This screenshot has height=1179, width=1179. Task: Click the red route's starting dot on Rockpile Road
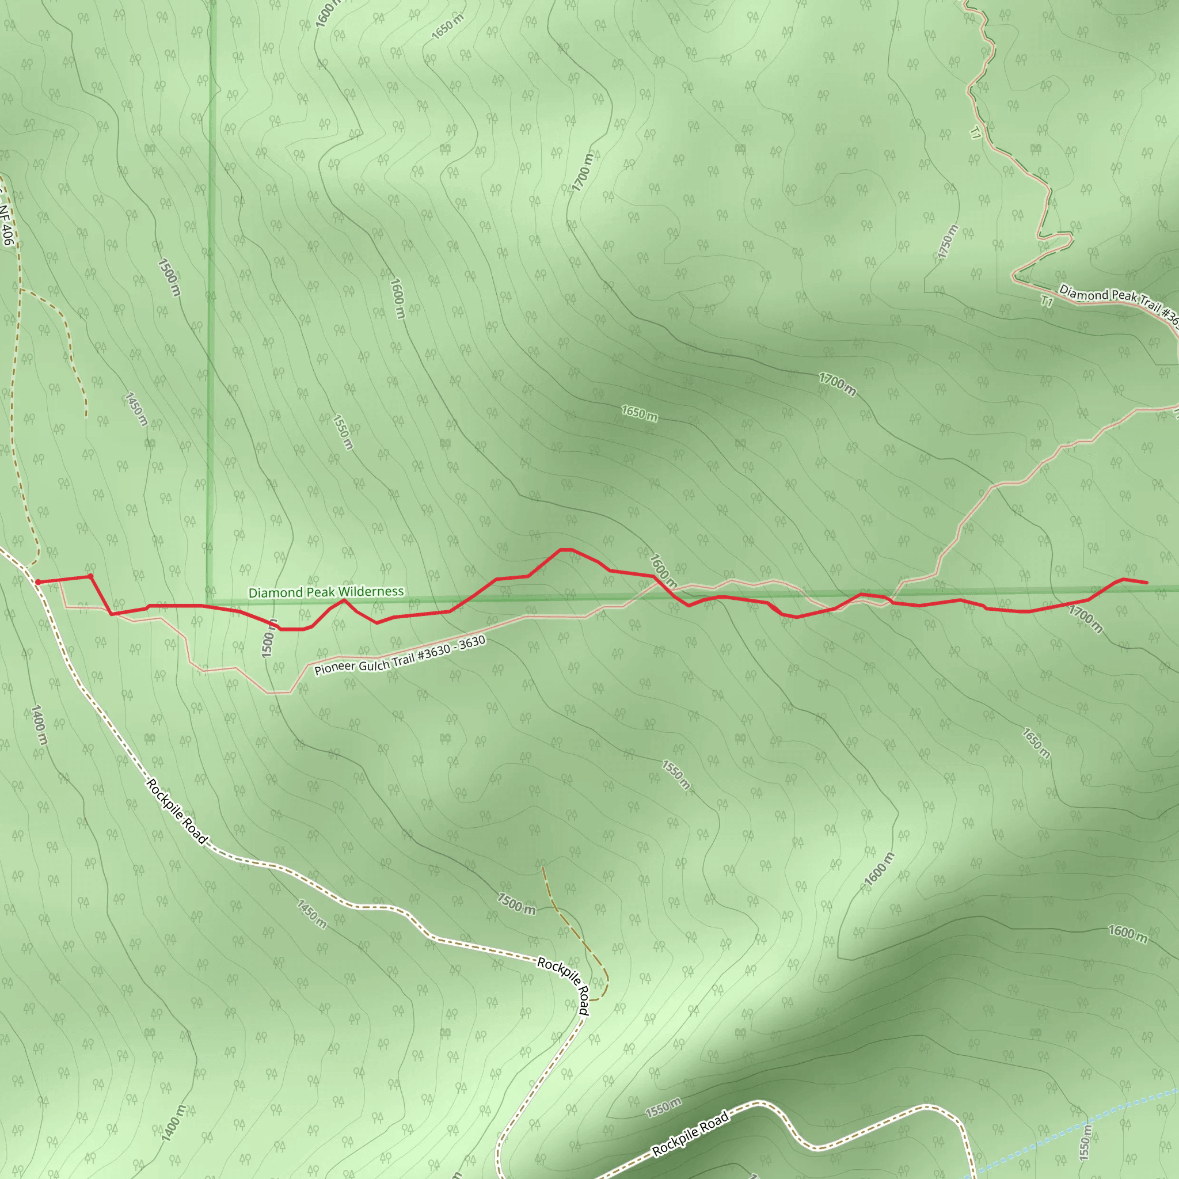(x=38, y=582)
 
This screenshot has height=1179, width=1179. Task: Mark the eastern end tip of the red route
(x=1147, y=582)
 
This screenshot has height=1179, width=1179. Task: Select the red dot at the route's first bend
(x=90, y=576)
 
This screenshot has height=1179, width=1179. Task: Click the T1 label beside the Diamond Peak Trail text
(x=1047, y=302)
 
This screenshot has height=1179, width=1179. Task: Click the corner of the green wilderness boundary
(x=207, y=603)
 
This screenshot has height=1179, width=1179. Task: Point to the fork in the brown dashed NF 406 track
(x=20, y=288)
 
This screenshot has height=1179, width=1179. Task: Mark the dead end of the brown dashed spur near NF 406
(x=86, y=416)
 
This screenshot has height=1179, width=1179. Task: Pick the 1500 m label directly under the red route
(x=268, y=638)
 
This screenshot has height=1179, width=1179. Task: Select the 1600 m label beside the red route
(x=663, y=571)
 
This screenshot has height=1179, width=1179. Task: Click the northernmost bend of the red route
(x=566, y=550)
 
